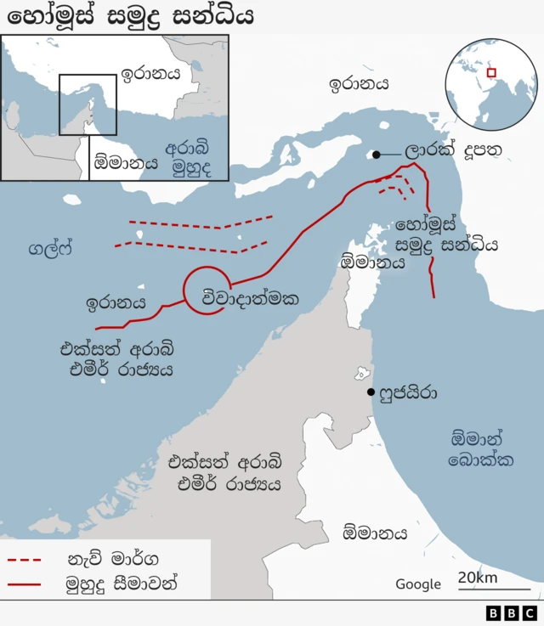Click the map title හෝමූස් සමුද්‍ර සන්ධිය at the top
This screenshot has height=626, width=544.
click(x=127, y=16)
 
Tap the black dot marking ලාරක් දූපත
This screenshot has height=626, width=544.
click(x=375, y=155)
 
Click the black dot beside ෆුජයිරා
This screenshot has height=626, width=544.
click(x=371, y=392)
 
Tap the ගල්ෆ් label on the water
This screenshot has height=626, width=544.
click(x=50, y=250)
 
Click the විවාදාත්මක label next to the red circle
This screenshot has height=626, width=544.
click(x=251, y=298)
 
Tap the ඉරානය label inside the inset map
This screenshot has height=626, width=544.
click(x=150, y=74)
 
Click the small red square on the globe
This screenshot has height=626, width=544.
click(x=490, y=73)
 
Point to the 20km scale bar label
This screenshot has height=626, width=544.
click(x=478, y=578)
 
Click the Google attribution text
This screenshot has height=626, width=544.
click(x=418, y=584)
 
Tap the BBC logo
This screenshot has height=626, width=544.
click(x=512, y=613)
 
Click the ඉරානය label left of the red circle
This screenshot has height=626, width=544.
click(x=116, y=302)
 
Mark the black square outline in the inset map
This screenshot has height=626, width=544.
click(x=88, y=104)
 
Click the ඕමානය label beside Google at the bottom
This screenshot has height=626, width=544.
click(x=375, y=533)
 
